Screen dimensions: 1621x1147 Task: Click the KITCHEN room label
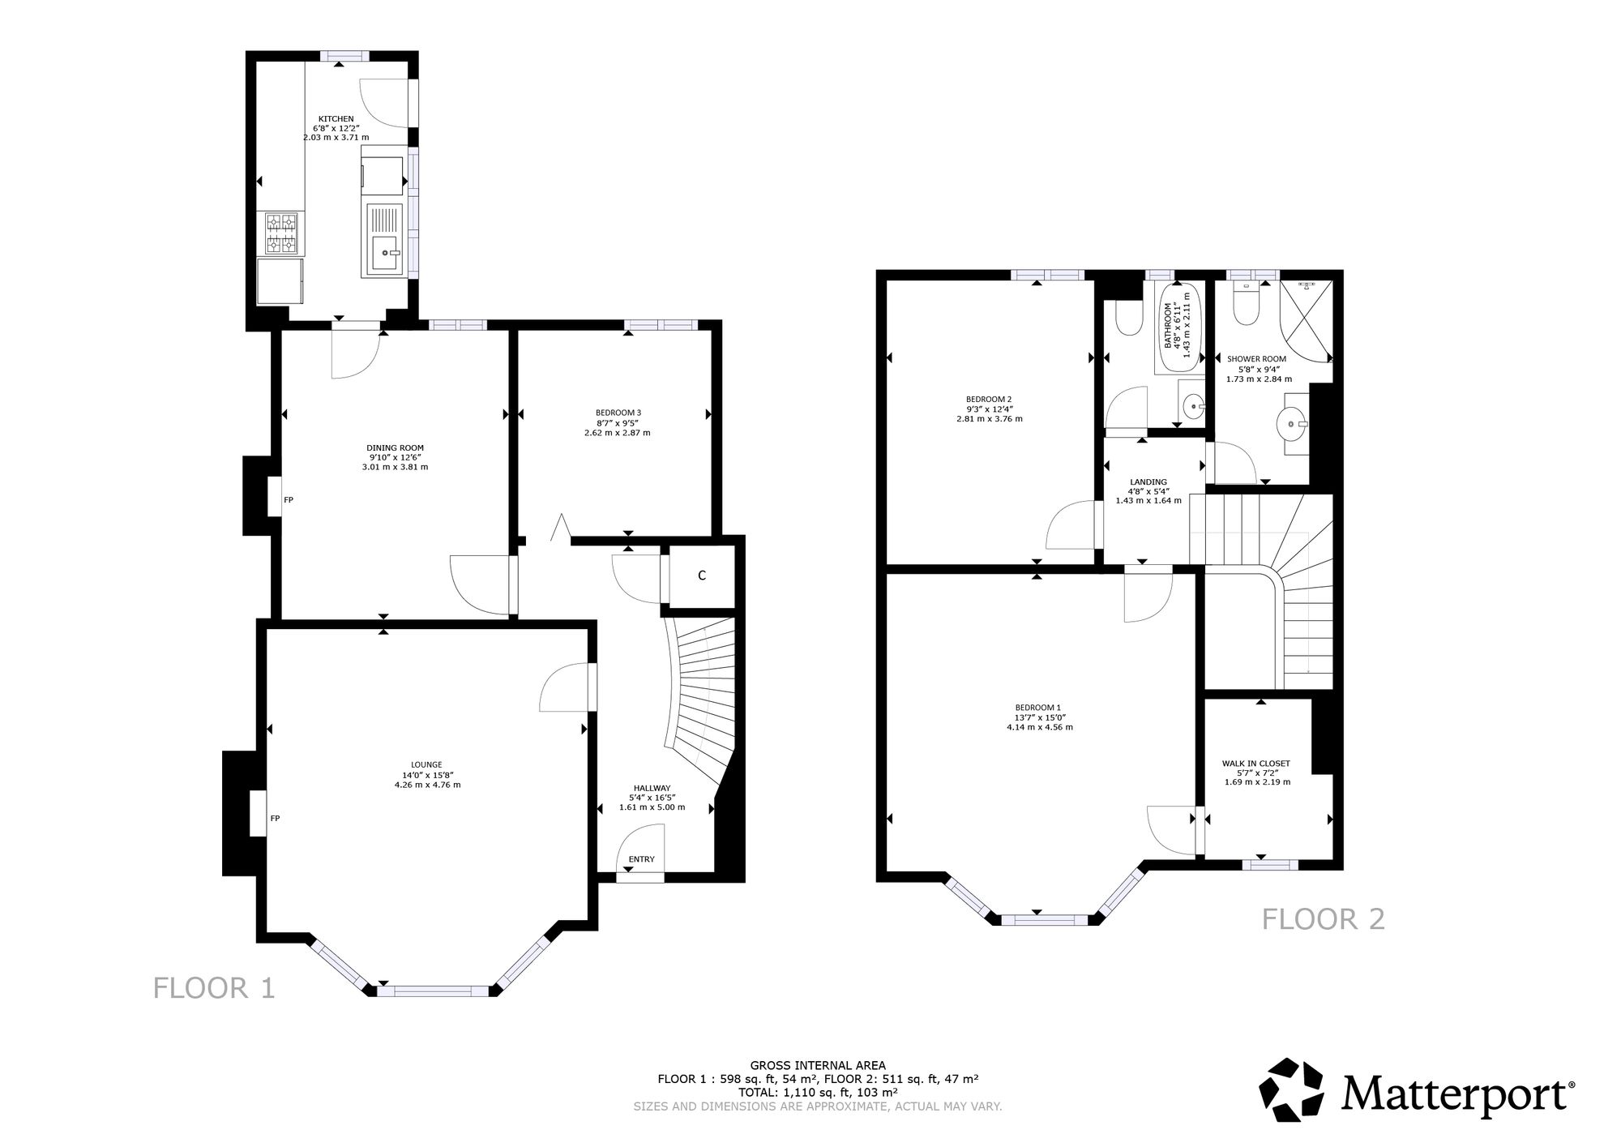(x=336, y=119)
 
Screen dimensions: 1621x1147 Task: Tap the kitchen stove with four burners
(x=281, y=233)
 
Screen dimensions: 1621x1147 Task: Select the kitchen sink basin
(x=385, y=254)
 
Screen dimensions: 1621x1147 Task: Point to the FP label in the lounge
(x=275, y=819)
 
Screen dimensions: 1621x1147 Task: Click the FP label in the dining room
(x=289, y=500)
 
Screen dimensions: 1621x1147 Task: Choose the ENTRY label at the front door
(x=641, y=859)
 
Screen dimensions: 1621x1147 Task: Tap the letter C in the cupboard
(x=702, y=576)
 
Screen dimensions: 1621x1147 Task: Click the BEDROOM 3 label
(x=618, y=413)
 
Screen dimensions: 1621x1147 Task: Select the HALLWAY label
(x=652, y=788)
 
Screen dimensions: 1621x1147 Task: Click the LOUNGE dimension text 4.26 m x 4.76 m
(x=427, y=785)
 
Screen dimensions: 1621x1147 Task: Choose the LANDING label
(x=1148, y=482)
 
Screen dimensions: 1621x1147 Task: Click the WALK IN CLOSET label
(x=1255, y=764)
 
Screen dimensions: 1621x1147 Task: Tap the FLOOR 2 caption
(x=1324, y=919)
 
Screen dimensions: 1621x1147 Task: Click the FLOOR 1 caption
(x=215, y=988)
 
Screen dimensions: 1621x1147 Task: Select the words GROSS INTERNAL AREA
(x=818, y=1066)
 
